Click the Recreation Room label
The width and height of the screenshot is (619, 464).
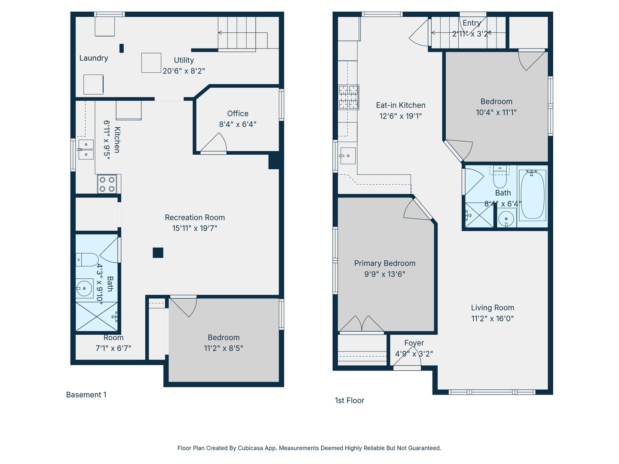[x=195, y=217]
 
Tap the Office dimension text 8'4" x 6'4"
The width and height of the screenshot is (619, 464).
[x=237, y=124]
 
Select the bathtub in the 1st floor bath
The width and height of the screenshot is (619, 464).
[x=532, y=195]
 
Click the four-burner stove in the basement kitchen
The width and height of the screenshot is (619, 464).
[x=107, y=184]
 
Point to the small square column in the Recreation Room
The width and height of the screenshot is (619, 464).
[x=158, y=253]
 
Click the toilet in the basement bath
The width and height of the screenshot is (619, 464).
[x=87, y=260]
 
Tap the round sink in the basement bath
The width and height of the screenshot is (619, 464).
[x=84, y=288]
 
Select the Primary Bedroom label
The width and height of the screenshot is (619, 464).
[x=385, y=263]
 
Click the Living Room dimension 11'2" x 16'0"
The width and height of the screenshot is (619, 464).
[x=492, y=319]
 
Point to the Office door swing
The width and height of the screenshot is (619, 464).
[x=214, y=143]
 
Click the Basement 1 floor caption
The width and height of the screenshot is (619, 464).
[x=86, y=395]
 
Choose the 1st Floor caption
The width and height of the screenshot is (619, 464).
[x=349, y=400]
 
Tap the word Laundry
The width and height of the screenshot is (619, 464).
[x=94, y=58]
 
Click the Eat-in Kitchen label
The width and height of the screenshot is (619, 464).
[x=401, y=105]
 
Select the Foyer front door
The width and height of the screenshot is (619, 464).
[x=407, y=358]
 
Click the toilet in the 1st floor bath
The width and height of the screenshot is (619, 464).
[x=499, y=177]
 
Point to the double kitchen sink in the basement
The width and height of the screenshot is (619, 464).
[x=86, y=150]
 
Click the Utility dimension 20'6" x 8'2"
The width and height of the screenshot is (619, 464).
[x=184, y=71]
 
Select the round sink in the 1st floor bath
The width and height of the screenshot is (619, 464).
[x=506, y=218]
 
